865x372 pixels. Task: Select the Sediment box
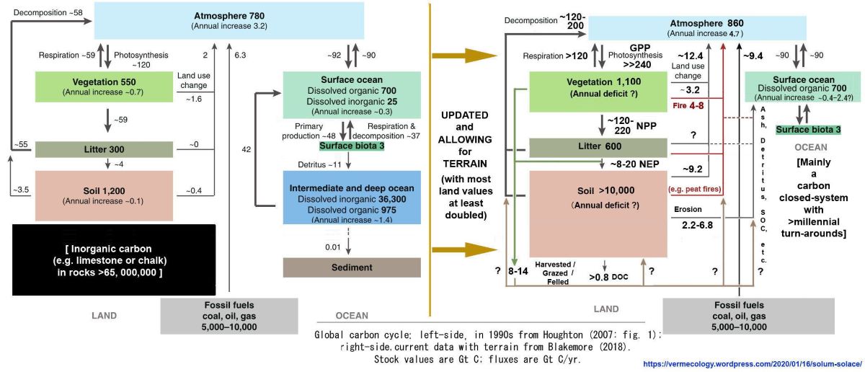[351, 267]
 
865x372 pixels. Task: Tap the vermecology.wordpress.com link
[748, 365]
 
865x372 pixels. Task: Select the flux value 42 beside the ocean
[246, 149]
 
